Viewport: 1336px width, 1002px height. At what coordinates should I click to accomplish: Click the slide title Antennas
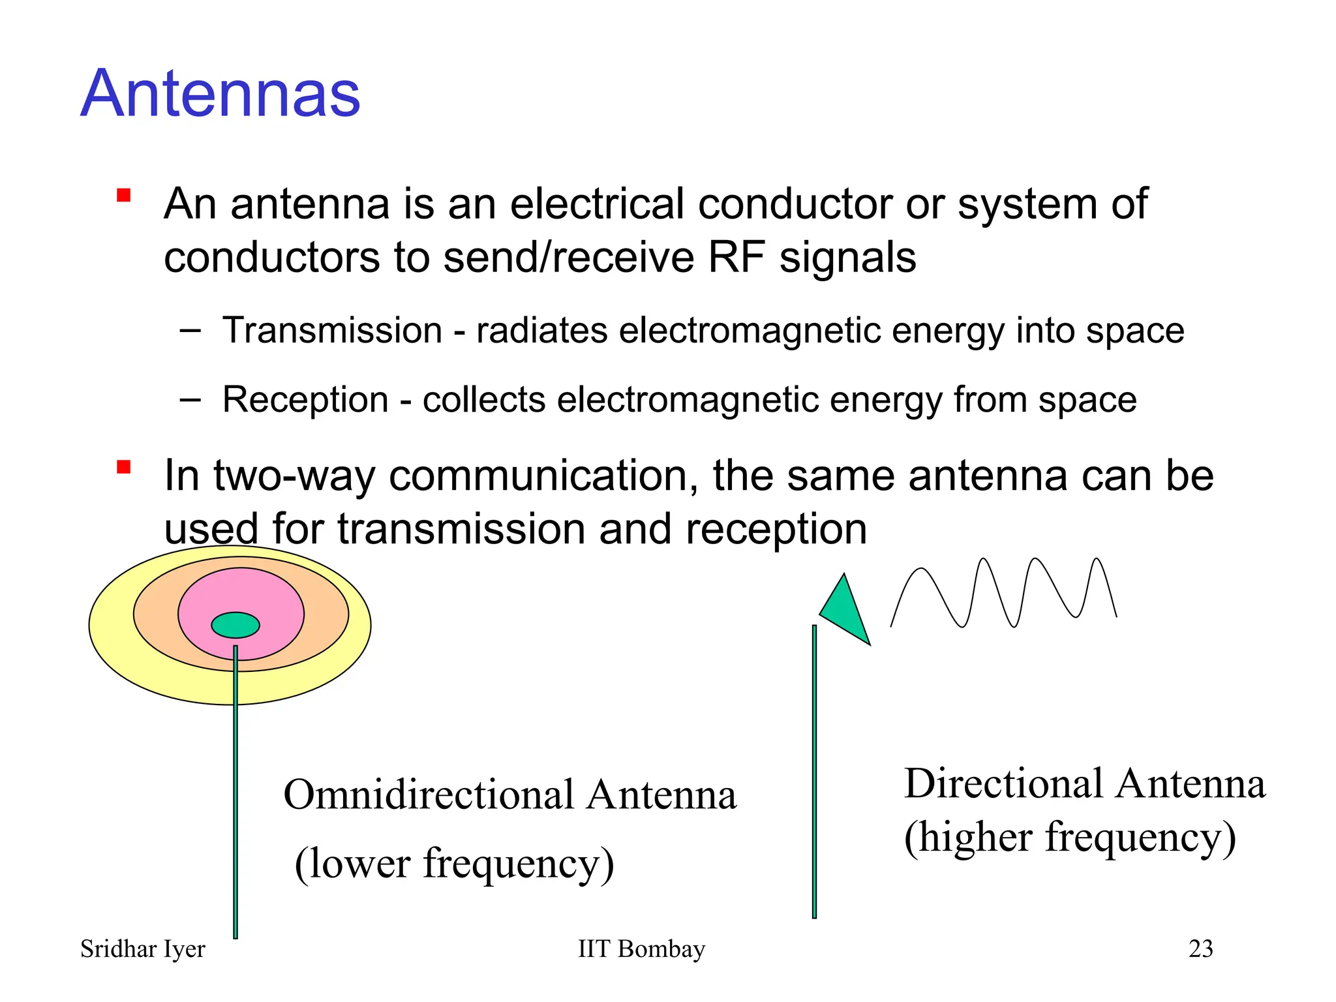[220, 95]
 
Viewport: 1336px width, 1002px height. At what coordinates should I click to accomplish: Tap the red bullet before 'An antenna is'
[124, 195]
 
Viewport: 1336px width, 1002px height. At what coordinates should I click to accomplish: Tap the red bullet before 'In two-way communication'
[124, 467]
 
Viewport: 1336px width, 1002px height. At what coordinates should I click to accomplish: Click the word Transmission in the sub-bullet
[332, 330]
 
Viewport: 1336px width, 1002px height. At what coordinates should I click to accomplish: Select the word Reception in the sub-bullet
[305, 399]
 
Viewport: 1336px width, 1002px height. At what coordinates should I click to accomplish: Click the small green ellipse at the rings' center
[235, 625]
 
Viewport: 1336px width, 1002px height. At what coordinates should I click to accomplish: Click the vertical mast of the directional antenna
[814, 770]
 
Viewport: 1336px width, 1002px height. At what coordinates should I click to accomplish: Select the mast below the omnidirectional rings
[235, 815]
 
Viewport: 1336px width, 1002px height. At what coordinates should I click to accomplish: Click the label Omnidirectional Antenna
[509, 795]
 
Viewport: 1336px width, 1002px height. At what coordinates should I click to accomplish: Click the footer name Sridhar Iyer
[142, 949]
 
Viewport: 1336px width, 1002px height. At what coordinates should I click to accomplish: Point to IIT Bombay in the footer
[641, 949]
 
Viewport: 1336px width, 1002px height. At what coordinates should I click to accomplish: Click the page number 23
[1200, 949]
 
